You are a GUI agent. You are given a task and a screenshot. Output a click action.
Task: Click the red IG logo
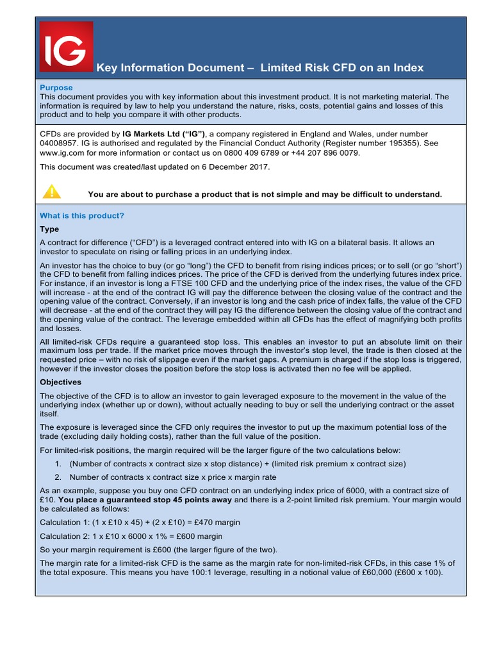coord(66,47)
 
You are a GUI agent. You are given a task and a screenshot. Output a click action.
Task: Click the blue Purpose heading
coord(56,88)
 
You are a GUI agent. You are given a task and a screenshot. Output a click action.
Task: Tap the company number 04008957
coord(56,143)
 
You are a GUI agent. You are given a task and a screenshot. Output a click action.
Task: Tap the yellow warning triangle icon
coord(51,191)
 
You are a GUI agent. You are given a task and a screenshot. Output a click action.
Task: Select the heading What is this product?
coord(82,216)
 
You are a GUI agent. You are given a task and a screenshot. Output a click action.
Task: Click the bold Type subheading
coord(49,229)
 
